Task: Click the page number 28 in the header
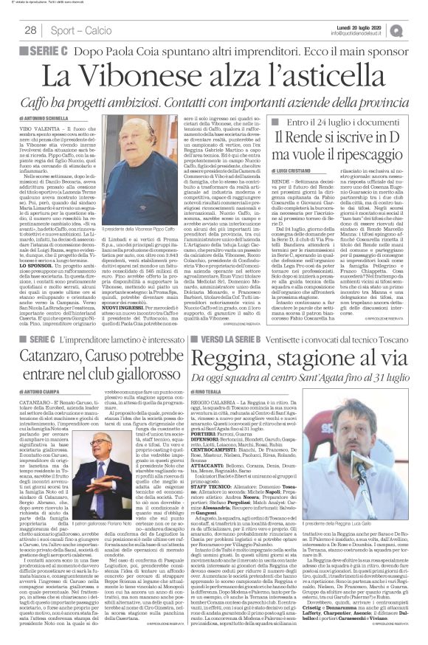pyautogui.click(x=31, y=30)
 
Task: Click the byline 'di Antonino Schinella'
pyautogui.click(x=56, y=118)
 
